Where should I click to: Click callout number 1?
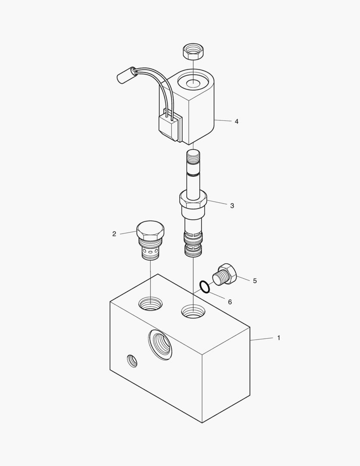click(279, 338)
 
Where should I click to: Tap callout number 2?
click(114, 234)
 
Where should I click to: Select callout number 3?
click(232, 206)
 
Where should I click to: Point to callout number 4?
click(236, 121)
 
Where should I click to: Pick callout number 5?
click(255, 281)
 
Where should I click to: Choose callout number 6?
click(230, 302)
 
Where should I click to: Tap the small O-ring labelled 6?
click(205, 287)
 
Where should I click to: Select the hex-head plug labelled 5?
click(225, 274)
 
